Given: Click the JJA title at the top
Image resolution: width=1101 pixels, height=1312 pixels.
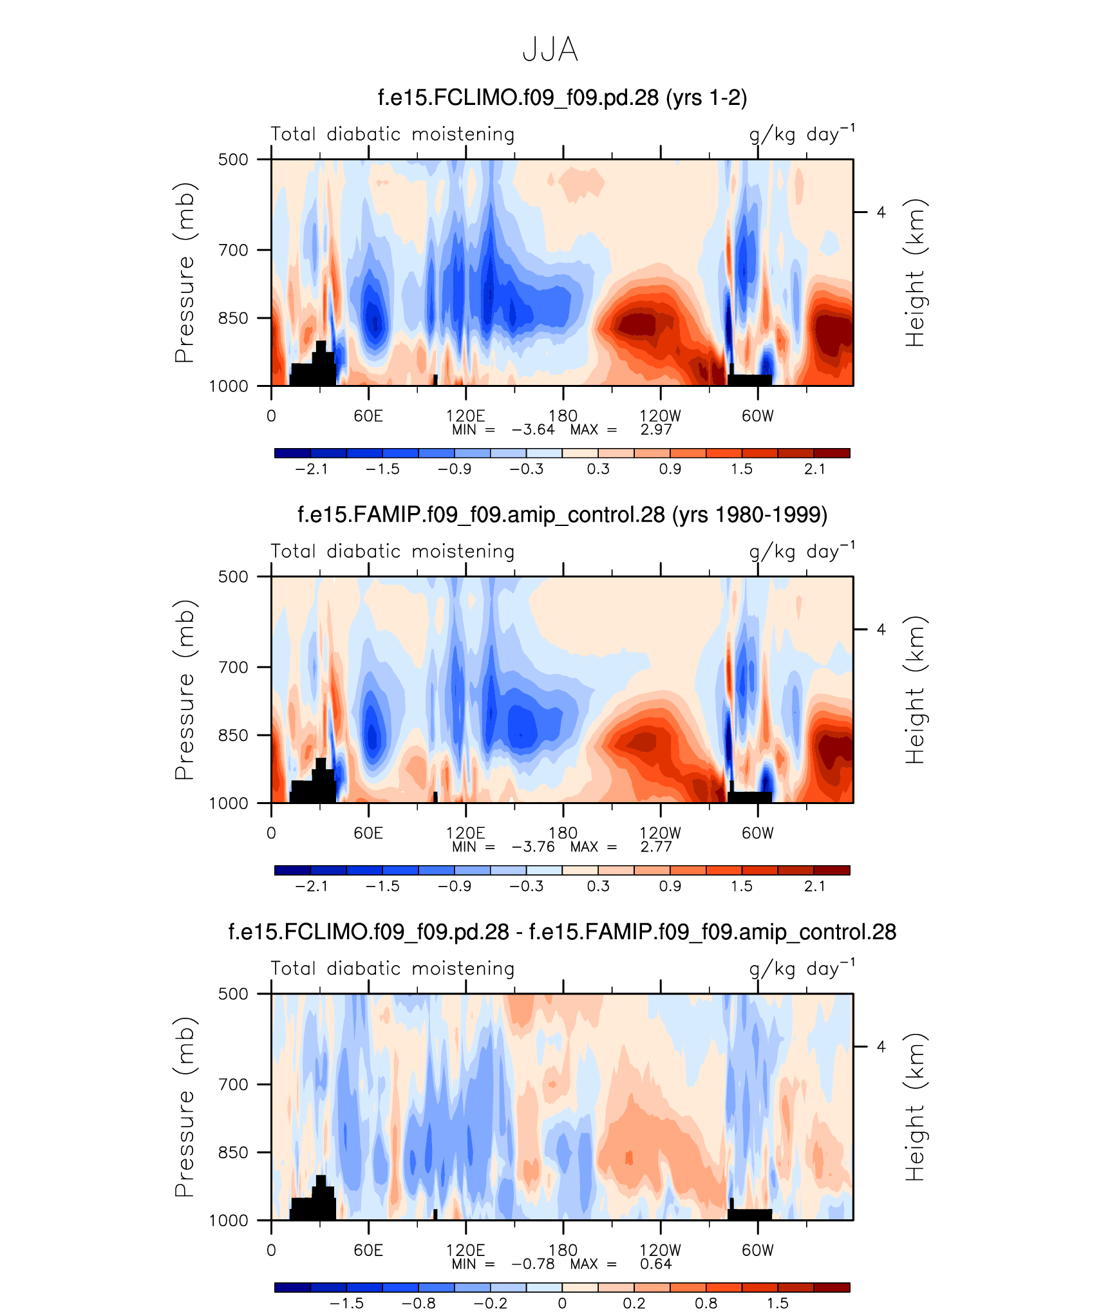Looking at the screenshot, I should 550,50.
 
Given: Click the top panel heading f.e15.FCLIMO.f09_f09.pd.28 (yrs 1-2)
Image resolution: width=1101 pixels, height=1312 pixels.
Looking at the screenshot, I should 562,98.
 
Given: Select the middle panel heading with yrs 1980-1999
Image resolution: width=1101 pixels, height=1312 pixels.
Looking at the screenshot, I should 562,515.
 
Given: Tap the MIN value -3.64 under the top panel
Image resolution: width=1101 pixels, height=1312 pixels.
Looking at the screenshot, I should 532,430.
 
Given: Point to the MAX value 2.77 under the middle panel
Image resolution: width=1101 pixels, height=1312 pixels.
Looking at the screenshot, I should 655,847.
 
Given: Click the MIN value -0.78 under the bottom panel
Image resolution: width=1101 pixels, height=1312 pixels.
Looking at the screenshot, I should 532,1264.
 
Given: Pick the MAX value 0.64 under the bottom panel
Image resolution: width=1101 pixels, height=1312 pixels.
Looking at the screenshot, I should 655,1264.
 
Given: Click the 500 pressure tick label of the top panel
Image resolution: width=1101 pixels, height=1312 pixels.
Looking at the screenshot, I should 233,160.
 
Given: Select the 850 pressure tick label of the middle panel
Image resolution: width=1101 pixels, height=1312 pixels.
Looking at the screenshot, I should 233,735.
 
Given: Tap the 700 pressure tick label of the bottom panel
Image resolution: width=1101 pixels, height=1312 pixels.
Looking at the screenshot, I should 233,1085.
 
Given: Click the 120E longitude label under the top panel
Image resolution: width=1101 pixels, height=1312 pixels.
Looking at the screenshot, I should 466,416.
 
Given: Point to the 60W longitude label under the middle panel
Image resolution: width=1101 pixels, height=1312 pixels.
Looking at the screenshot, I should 757,833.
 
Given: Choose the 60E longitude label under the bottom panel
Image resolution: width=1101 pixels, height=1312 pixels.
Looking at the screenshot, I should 368,1250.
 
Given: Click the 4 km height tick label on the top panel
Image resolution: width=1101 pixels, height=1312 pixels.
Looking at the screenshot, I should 881,212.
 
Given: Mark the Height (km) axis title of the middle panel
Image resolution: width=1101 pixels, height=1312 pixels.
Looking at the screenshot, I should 914,690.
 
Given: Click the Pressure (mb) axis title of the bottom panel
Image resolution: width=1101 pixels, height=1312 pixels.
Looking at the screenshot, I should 184,1107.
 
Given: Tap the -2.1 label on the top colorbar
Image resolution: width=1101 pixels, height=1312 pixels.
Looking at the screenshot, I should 312,469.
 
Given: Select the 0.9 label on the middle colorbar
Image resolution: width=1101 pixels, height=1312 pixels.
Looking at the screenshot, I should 670,886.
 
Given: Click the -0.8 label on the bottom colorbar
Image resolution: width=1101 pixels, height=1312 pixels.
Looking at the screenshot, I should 419,1304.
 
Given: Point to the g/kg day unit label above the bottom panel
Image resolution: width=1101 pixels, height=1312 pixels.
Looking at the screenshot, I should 802,969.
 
